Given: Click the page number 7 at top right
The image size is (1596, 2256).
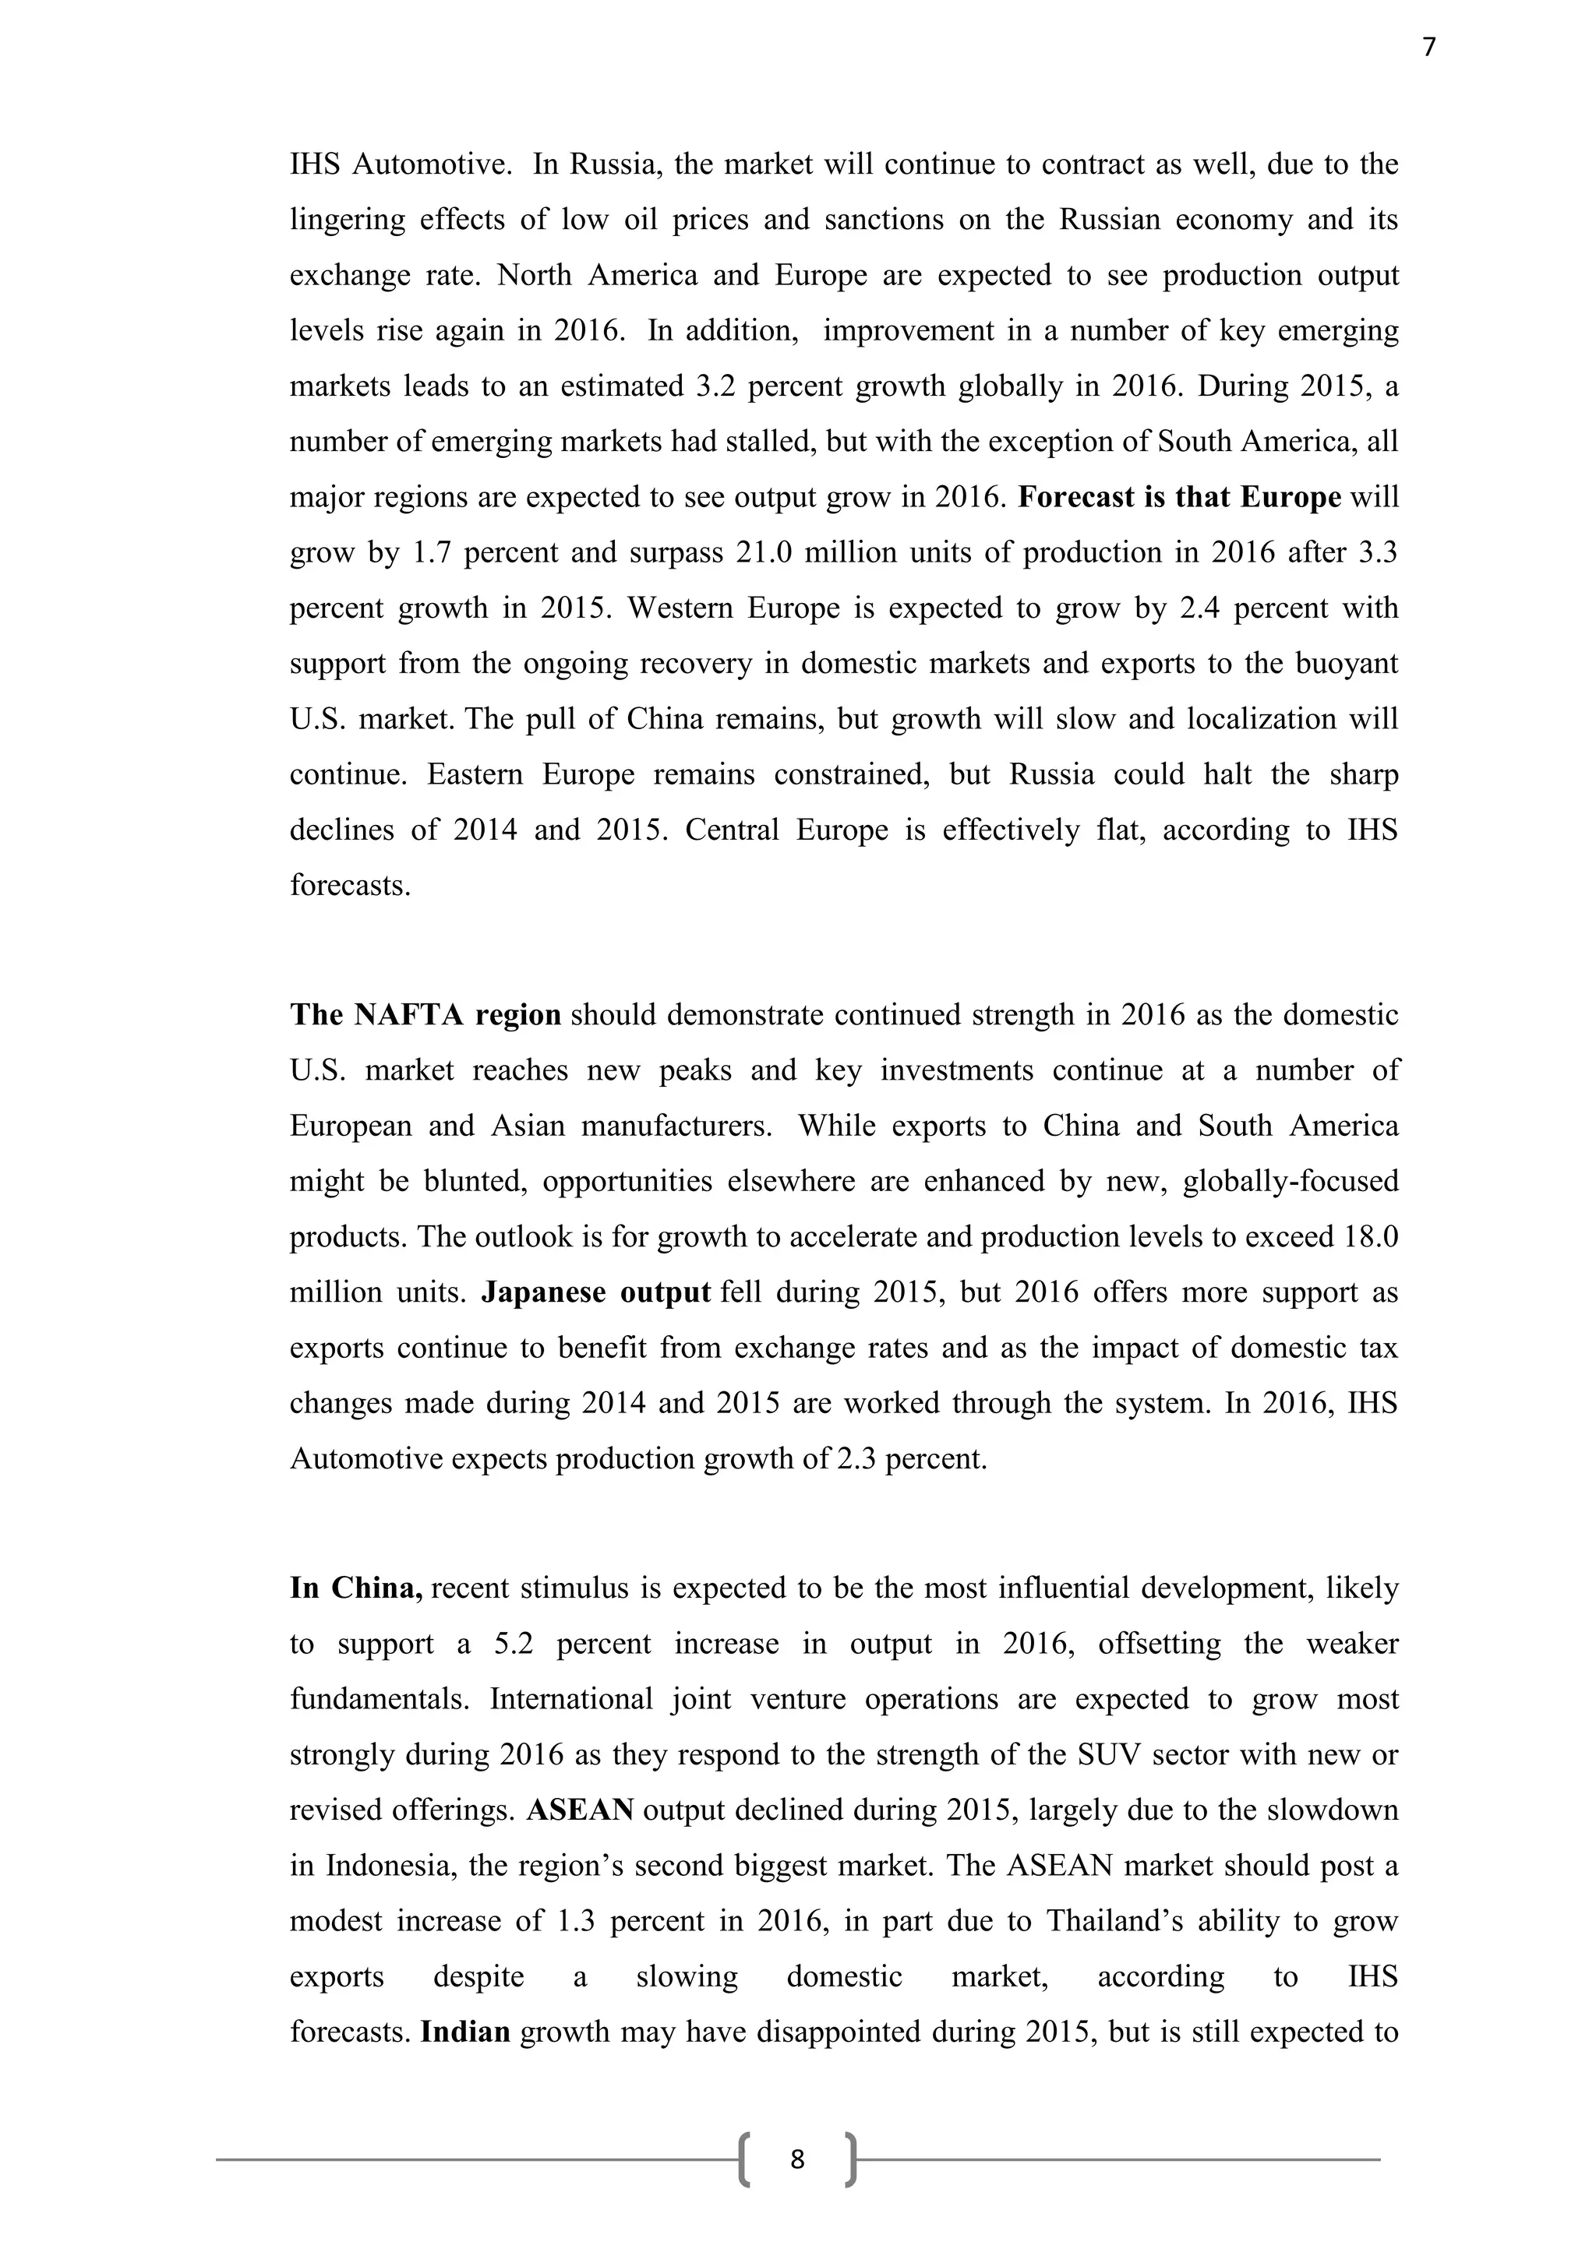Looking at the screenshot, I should click(x=1429, y=48).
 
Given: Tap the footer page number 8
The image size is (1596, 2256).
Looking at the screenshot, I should click(x=797, y=2159).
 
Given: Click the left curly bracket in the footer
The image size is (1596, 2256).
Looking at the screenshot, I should click(x=745, y=2159).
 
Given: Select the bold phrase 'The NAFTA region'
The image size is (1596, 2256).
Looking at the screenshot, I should click(x=425, y=1015).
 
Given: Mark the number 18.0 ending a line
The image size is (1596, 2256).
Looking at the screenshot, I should click(x=1370, y=1237).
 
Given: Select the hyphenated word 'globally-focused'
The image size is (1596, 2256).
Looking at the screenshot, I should click(x=1291, y=1181).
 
